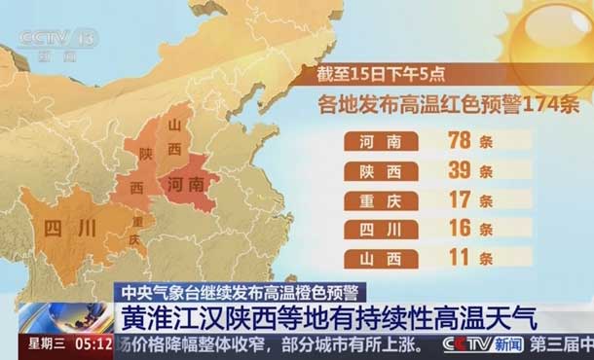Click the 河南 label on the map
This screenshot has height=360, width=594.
tap(185, 183)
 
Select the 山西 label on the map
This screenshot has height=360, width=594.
tap(176, 137)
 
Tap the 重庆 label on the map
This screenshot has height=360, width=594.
tap(133, 231)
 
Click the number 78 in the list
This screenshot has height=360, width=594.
tap(458, 141)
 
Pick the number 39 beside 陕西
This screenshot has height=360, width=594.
tap(458, 171)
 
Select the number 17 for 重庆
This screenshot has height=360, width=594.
tap(458, 200)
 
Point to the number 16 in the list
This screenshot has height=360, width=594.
tap(458, 230)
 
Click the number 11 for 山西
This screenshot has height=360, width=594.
tap(458, 258)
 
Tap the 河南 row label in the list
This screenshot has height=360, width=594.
tap(381, 142)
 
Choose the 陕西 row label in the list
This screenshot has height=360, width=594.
tap(381, 171)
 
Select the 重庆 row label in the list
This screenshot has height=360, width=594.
tap(381, 201)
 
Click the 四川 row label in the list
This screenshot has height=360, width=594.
tap(381, 231)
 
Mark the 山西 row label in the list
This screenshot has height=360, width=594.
tap(381, 259)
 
